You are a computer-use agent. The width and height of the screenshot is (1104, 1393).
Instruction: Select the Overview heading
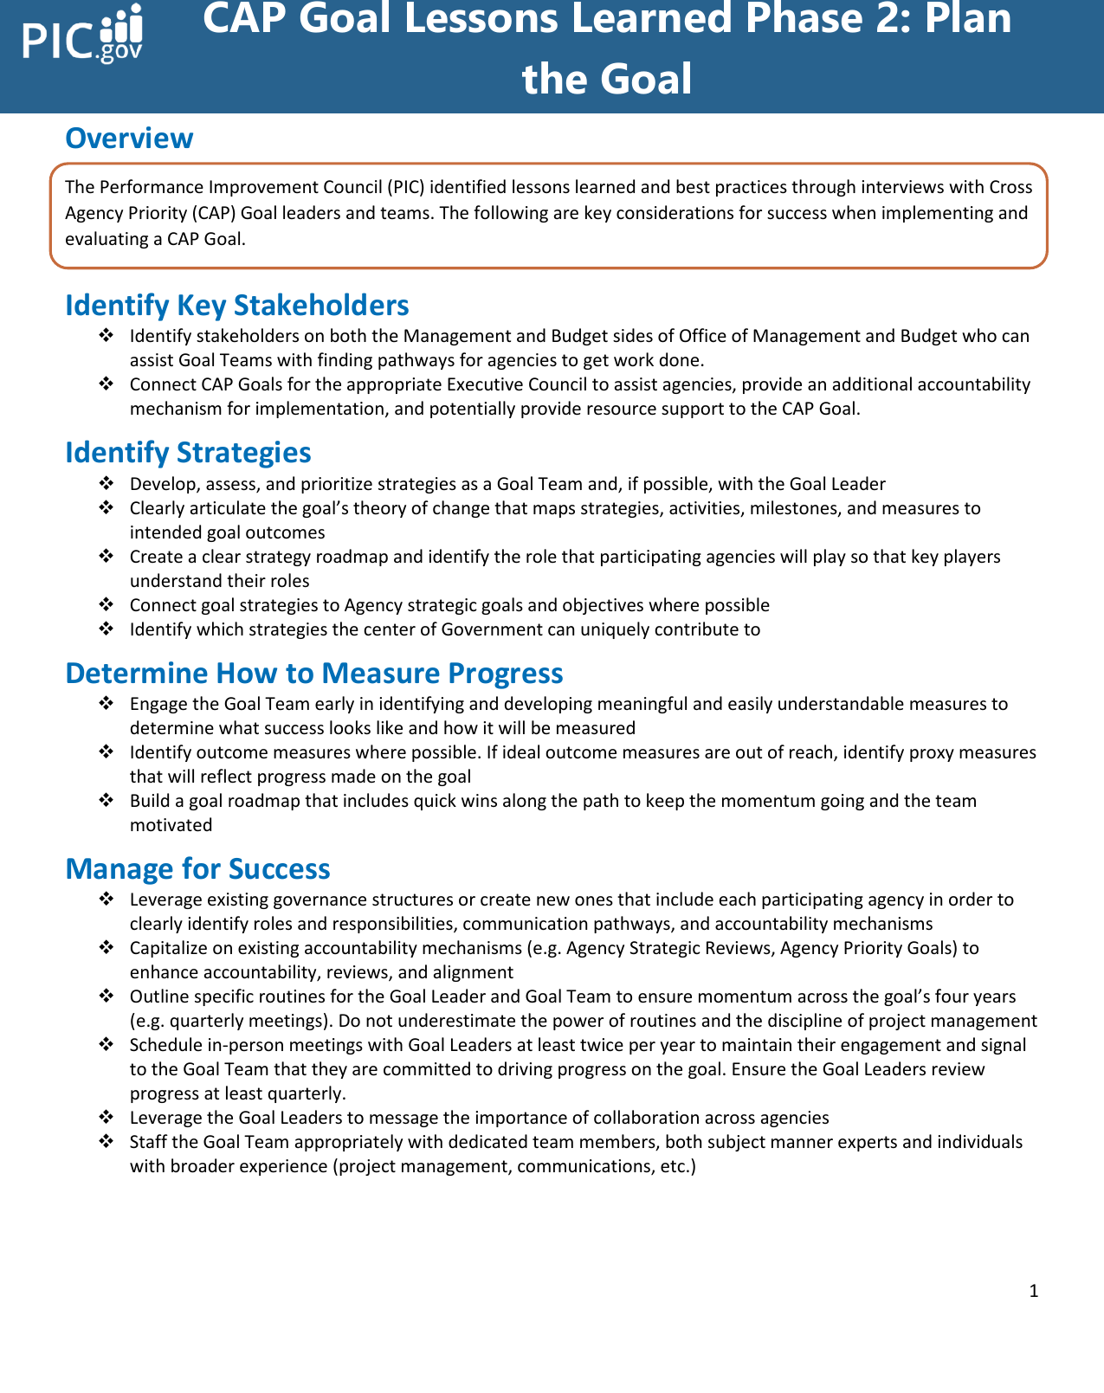click(129, 139)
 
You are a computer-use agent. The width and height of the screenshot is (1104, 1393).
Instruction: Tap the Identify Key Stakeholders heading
click(236, 306)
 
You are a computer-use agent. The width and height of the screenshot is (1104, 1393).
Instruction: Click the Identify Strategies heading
click(188, 453)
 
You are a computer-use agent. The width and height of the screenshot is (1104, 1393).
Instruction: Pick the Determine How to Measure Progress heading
click(313, 674)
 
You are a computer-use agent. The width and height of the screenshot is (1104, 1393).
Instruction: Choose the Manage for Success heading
click(197, 869)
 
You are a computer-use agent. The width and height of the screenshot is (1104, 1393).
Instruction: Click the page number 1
click(1033, 1292)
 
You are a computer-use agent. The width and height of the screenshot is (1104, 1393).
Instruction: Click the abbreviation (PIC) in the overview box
click(405, 187)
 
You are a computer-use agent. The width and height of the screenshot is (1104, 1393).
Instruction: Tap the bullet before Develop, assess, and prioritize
click(106, 484)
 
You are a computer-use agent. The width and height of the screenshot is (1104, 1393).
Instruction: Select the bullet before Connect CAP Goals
click(106, 384)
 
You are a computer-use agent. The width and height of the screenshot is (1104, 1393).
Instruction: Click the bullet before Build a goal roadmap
click(106, 801)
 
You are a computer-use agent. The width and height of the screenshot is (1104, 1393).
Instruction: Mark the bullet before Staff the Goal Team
click(106, 1142)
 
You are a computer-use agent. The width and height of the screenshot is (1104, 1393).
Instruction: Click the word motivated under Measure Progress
click(171, 825)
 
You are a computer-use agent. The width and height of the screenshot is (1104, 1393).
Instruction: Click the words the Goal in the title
click(606, 80)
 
